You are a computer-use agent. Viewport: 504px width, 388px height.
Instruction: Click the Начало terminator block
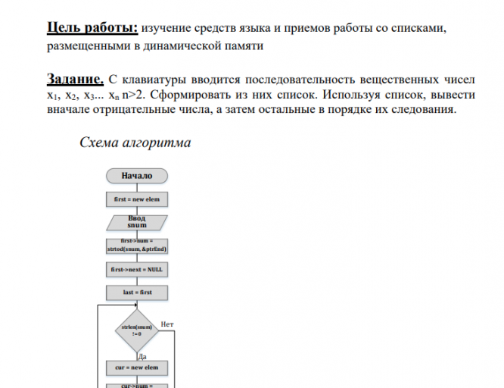[137, 176]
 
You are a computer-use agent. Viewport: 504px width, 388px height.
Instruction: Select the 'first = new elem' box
[137, 199]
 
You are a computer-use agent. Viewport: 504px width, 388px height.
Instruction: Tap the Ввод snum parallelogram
[137, 222]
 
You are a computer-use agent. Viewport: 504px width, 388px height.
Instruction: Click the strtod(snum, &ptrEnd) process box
[137, 246]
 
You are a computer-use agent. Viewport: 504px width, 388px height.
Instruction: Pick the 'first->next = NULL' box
[137, 269]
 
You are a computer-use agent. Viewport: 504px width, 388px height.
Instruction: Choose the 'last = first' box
[137, 292]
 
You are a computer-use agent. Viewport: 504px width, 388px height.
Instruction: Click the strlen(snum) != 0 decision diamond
[137, 329]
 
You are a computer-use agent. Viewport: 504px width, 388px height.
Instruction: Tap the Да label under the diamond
[142, 354]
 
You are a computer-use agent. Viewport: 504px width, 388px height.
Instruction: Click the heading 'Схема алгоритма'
[135, 142]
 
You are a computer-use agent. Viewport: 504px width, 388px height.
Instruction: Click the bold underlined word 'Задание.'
[75, 78]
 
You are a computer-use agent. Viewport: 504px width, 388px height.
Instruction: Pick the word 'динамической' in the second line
[171, 46]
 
